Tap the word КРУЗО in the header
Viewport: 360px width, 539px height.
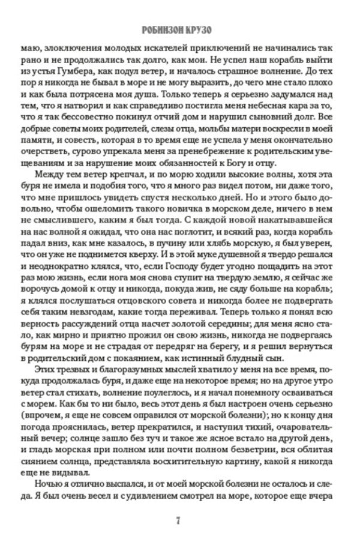tap(208, 30)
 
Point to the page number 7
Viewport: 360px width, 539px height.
tap(178, 519)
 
